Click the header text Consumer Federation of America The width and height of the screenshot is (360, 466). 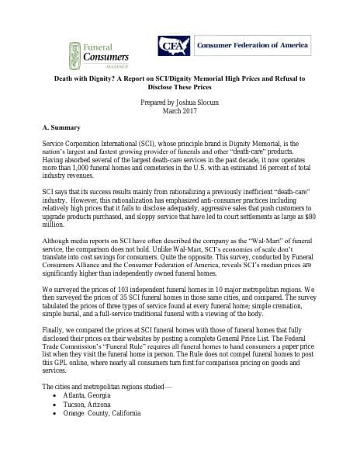coord(245,45)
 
